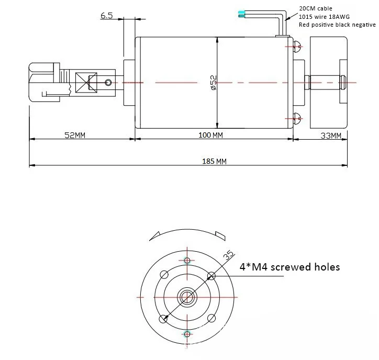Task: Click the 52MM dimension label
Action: (x=75, y=135)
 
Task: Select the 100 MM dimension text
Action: (x=211, y=135)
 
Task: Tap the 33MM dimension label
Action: (x=330, y=136)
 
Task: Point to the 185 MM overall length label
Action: (x=214, y=161)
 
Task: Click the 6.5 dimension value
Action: (x=106, y=16)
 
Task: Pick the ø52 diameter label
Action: (x=213, y=83)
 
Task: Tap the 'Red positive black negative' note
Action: (x=337, y=25)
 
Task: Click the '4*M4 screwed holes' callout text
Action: (x=289, y=267)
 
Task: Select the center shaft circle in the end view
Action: (x=187, y=297)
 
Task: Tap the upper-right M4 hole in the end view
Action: (x=211, y=276)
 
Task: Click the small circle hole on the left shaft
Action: (x=108, y=82)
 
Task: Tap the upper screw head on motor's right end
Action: (x=297, y=47)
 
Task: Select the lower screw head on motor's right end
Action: (x=297, y=118)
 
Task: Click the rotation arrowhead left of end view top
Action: (x=154, y=235)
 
